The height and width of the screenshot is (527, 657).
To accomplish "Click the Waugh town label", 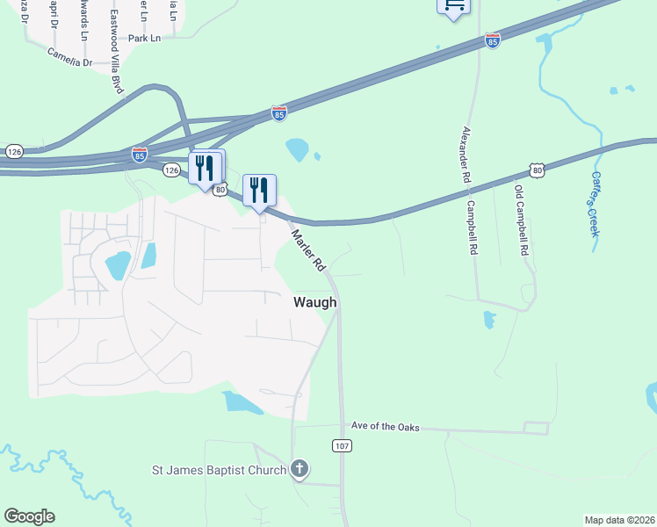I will [314, 302].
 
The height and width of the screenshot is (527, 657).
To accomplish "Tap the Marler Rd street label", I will [309, 250].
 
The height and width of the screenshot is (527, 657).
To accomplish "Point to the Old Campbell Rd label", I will [521, 220].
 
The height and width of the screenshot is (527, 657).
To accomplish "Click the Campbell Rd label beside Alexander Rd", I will [473, 227].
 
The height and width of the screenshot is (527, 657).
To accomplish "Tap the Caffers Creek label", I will [592, 202].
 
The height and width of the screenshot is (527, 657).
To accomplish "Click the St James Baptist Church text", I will [219, 470].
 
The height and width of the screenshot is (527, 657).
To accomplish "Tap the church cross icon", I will [300, 468].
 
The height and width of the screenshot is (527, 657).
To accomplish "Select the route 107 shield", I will [343, 446].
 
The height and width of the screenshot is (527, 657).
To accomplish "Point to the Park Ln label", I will [145, 39].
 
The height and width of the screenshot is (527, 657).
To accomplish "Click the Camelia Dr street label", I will [69, 62].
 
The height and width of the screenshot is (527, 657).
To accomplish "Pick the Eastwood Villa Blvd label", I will [115, 53].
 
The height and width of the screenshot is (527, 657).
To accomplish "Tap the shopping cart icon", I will [453, 6].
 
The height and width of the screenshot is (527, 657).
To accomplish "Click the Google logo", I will [29, 516].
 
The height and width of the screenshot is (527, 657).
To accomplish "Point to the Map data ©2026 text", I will [619, 520].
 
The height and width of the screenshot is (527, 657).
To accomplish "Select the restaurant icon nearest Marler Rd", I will [259, 190].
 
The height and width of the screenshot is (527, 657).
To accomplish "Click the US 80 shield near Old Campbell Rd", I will [537, 169].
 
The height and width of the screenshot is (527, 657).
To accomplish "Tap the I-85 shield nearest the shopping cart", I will [493, 40].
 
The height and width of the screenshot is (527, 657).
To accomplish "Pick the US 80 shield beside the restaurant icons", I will [221, 188].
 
